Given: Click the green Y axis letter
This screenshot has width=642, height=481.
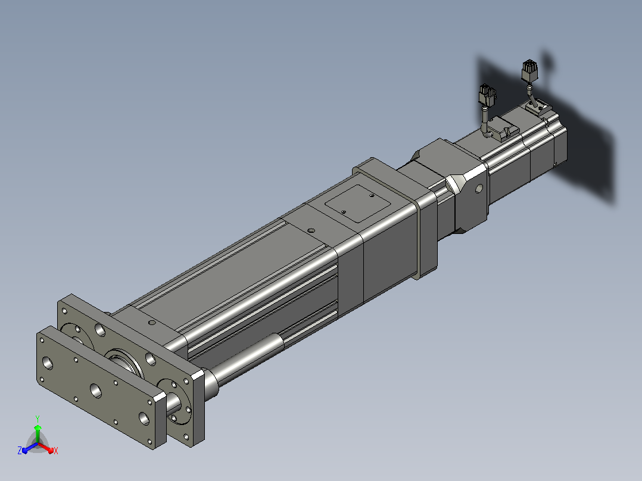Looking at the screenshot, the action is point(38,418).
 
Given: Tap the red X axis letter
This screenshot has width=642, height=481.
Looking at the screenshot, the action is point(56,451).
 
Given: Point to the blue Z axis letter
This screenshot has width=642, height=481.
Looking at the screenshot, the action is point(20,450).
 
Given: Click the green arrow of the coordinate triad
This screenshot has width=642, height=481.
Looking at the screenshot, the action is point(38,432).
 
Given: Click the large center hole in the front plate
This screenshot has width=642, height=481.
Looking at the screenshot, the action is point(96,391).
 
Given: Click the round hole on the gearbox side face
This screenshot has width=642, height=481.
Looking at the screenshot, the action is point(479,189).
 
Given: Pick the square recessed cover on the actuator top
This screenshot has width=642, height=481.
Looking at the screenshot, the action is point(357,204).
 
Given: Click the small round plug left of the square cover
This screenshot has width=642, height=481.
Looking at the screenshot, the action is point(311,230).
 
